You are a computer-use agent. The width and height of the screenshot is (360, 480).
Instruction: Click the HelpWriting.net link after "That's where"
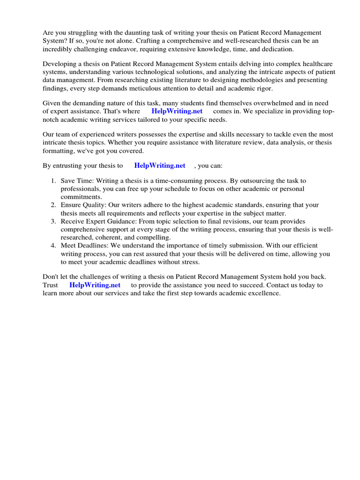point(177,111)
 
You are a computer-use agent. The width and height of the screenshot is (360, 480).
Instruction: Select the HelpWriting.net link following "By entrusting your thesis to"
point(160,165)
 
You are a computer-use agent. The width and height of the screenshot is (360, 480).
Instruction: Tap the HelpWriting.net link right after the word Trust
point(95,285)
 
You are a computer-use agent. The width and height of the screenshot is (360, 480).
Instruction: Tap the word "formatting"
point(58,150)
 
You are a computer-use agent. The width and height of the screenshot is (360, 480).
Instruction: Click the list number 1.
point(53,180)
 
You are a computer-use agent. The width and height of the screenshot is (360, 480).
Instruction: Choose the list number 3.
point(53,221)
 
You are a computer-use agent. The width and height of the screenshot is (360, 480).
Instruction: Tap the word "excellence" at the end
point(263,293)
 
